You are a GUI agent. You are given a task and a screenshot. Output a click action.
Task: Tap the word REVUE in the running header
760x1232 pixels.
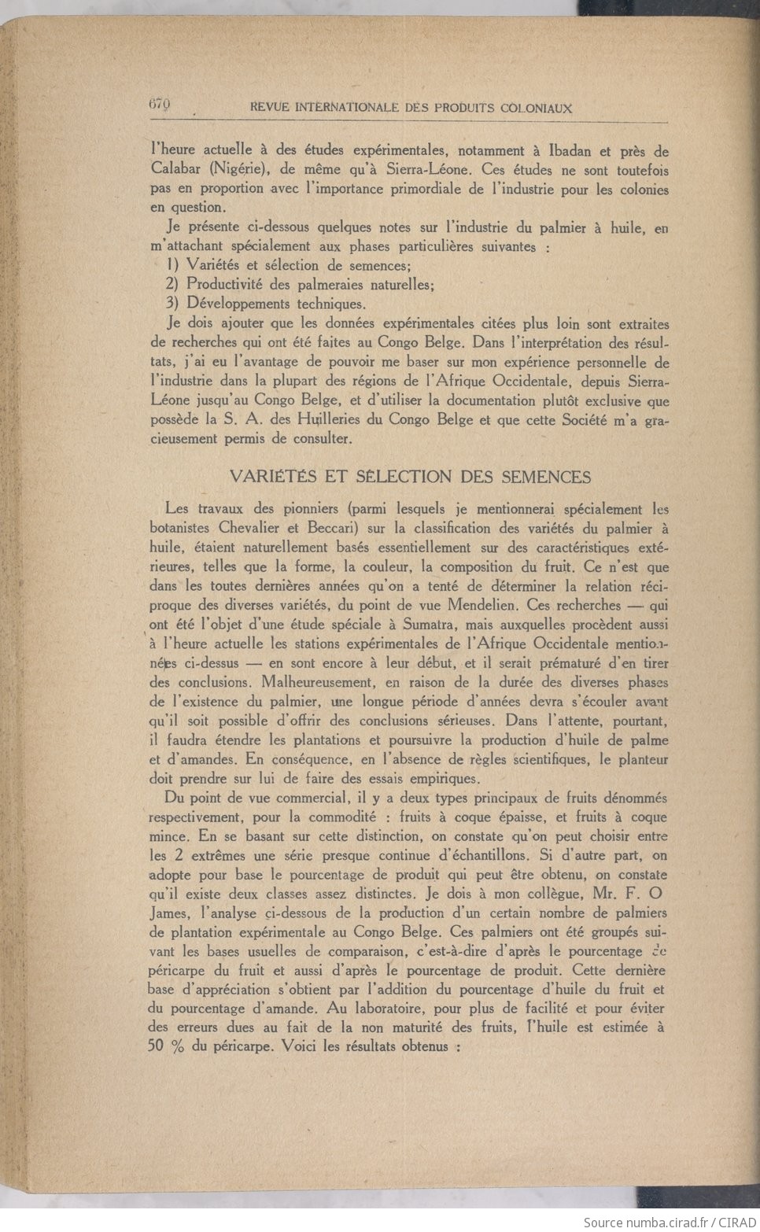coord(268,109)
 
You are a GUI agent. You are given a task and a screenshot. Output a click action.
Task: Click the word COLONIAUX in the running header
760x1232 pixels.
coord(536,109)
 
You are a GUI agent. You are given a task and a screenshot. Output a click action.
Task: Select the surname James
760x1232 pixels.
coord(168,913)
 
